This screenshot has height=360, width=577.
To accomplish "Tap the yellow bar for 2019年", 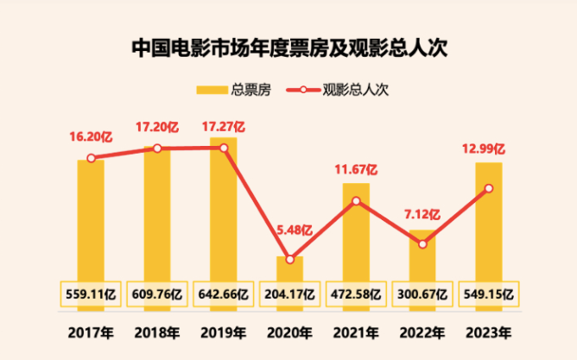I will coord(223,207).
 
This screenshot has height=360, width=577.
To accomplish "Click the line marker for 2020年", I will coord(289,259).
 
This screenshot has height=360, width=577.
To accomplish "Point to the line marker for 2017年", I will coord(91,158).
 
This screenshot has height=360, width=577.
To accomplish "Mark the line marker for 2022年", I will coord(422,244).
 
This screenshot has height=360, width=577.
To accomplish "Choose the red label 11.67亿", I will coord(356,168).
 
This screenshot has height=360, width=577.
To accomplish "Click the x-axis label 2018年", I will coord(156,332).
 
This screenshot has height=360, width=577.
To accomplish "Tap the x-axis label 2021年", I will coord(356,332).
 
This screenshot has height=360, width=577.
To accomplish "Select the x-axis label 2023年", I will coord(489,332).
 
